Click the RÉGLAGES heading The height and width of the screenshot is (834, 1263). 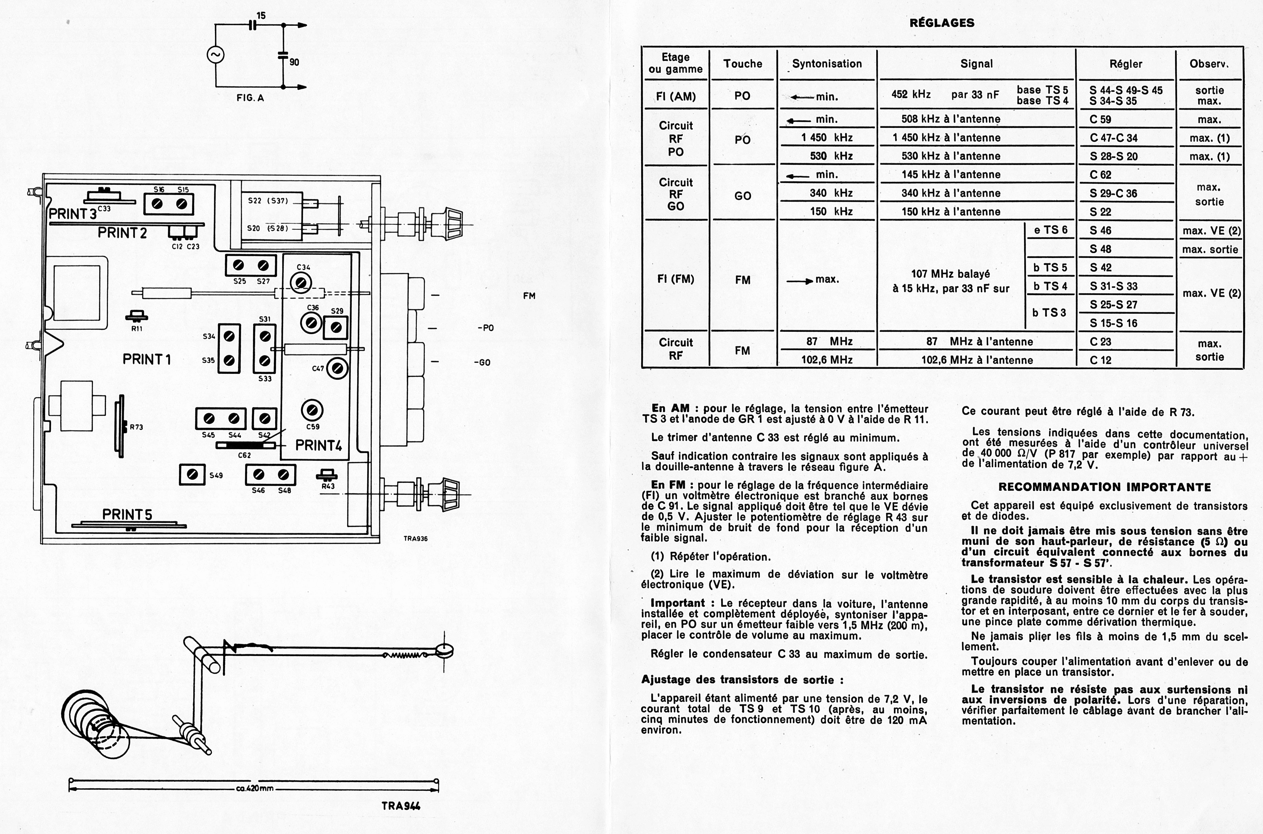pos(942,23)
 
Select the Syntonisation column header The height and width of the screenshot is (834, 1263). pos(827,64)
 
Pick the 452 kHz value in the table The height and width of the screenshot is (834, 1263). pos(911,95)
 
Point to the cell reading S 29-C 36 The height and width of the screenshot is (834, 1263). pos(1113,193)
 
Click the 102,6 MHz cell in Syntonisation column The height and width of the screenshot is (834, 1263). pos(827,360)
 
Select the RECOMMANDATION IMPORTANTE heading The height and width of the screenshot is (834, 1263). pos(1105,487)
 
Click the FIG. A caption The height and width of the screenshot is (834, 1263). pos(250,98)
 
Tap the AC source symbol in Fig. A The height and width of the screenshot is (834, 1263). pos(216,55)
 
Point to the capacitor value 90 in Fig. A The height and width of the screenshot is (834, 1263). pos(294,62)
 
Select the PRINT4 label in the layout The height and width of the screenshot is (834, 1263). pos(319,445)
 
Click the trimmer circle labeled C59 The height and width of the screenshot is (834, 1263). pos(312,410)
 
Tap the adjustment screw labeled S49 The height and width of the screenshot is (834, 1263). pos(192,474)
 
